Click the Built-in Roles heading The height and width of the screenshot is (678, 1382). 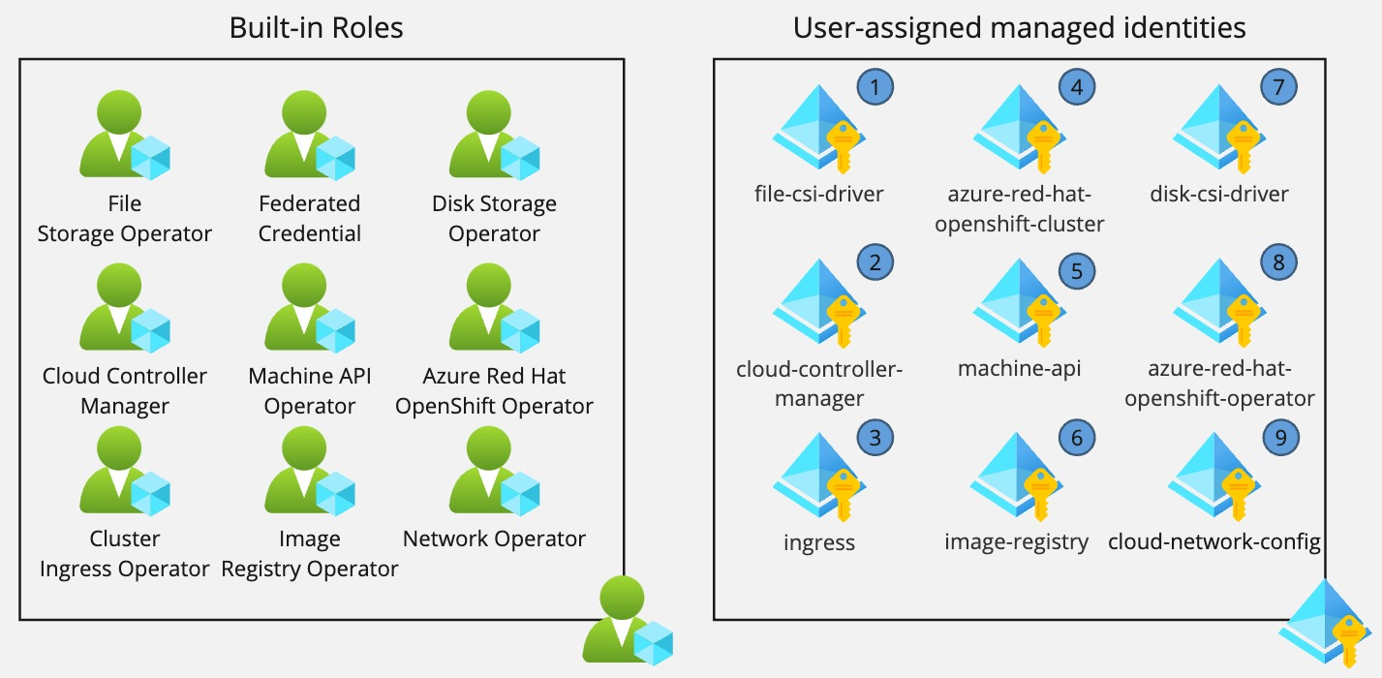[x=316, y=28]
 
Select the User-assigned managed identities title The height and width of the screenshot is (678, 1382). [x=1019, y=28]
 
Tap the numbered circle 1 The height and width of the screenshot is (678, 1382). [x=875, y=87]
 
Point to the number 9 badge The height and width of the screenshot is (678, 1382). [x=1280, y=438]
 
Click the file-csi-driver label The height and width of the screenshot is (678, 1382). [x=818, y=194]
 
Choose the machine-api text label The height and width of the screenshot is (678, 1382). [x=1019, y=368]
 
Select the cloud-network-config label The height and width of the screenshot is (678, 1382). [x=1214, y=541]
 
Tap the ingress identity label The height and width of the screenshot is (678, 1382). [x=818, y=541]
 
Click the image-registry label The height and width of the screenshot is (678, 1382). [x=1016, y=541]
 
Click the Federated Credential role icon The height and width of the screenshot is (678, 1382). [x=308, y=136]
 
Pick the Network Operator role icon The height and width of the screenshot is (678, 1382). [x=494, y=472]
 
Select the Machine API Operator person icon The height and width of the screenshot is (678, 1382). [x=308, y=308]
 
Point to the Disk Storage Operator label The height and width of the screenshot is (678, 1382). [x=494, y=219]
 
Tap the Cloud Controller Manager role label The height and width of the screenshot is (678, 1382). [x=125, y=390]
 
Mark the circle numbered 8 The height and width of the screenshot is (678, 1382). [x=1278, y=262]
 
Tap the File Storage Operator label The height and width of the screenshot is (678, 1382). [x=125, y=219]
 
